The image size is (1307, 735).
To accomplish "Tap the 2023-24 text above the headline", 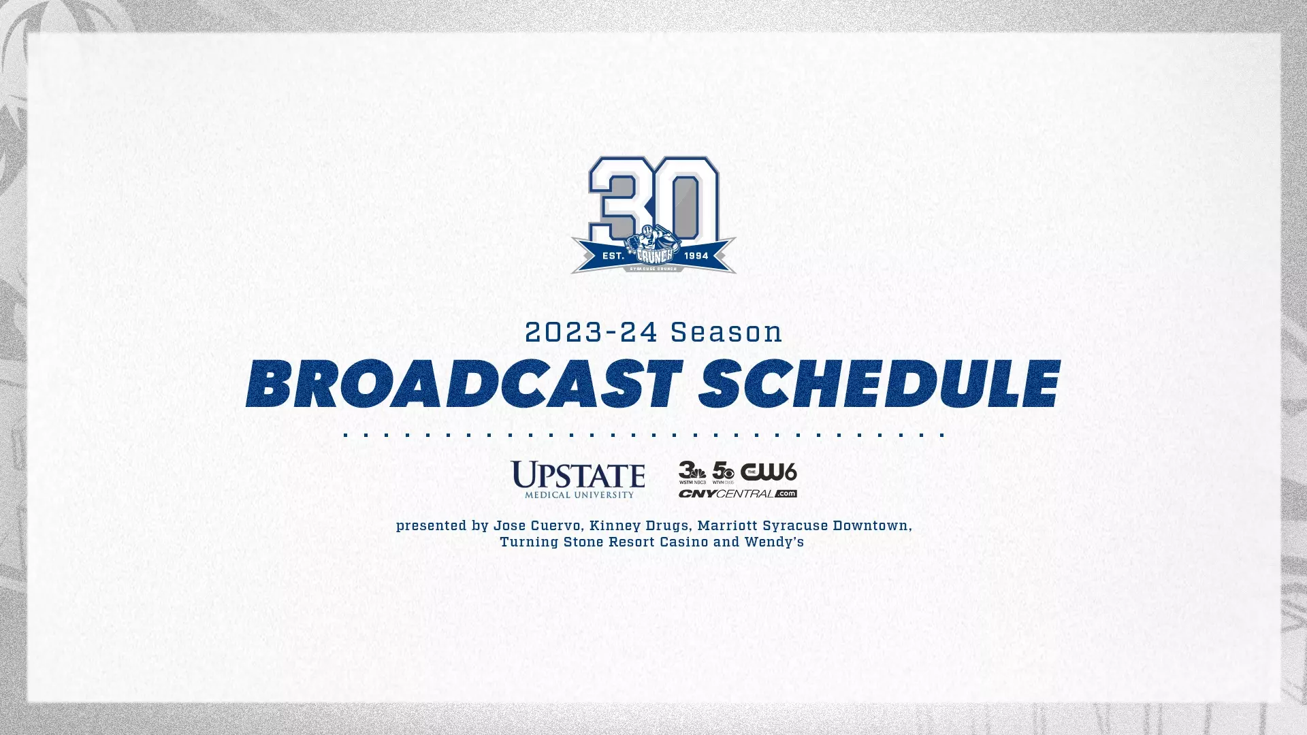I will click(x=591, y=333).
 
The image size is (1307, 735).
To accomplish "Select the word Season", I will click(x=726, y=333).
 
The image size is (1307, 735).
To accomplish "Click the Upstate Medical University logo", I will click(x=578, y=479).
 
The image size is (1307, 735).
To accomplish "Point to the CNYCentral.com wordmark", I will click(x=737, y=493).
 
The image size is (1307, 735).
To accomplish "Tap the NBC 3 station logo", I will click(x=692, y=472).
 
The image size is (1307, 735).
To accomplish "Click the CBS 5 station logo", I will click(x=723, y=472).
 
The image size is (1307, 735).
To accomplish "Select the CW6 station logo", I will click(x=769, y=472).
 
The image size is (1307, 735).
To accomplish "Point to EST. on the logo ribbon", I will click(x=613, y=256).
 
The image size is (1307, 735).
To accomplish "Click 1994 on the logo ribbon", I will click(x=696, y=256).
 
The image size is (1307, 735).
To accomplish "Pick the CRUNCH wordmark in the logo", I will click(x=653, y=255).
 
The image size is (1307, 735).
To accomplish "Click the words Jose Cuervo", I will click(x=537, y=526).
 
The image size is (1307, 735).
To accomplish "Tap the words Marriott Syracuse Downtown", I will click(x=803, y=526).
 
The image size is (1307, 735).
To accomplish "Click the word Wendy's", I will click(x=774, y=542).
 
